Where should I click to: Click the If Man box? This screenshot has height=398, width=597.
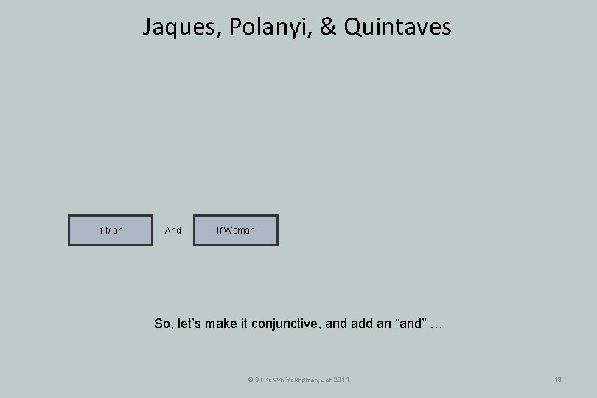[111, 231]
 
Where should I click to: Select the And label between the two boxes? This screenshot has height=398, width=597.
[173, 231]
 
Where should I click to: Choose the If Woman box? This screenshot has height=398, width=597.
[236, 231]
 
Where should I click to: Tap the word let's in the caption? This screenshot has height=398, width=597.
[193, 323]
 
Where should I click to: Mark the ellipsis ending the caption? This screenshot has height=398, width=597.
[437, 323]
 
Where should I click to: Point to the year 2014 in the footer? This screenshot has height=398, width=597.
[342, 380]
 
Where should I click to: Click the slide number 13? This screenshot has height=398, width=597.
[558, 380]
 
